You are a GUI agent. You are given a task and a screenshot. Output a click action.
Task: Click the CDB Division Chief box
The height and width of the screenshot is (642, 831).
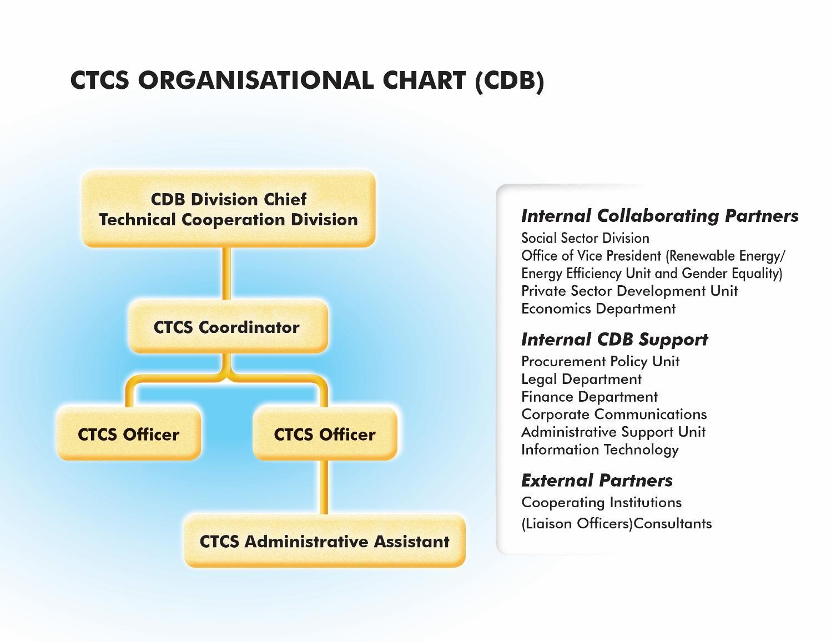228,209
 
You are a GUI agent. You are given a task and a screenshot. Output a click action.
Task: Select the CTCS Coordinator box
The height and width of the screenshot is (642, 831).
228,326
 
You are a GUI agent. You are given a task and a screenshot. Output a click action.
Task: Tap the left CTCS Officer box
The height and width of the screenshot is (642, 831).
129,433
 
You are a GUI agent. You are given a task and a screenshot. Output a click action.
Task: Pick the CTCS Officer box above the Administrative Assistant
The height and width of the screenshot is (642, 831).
325,433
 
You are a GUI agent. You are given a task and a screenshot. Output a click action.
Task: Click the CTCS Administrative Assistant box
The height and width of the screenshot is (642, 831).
325,540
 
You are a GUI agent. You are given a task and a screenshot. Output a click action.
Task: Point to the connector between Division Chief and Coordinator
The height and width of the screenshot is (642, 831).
226,273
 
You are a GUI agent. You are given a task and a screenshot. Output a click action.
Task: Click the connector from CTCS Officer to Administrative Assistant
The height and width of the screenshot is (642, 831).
324,487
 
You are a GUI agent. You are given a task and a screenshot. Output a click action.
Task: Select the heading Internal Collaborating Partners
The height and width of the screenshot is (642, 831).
659,216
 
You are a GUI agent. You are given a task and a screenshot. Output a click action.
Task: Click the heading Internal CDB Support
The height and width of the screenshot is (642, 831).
615,340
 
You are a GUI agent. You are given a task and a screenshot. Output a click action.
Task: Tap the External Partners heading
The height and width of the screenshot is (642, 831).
597,481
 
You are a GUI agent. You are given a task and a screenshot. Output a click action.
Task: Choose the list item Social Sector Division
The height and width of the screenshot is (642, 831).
585,238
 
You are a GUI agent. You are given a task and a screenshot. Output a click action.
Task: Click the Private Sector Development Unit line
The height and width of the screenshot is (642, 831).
629,291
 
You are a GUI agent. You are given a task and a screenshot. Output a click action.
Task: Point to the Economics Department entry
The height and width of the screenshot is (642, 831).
598,309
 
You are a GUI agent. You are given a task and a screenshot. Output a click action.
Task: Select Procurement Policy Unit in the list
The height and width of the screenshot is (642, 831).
601,362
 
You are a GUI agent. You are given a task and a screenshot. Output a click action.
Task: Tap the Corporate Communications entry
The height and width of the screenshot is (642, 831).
614,414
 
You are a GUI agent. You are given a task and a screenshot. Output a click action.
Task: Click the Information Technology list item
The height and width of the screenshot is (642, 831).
600,450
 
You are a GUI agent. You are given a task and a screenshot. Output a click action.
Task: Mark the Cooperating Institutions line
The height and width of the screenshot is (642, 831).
602,503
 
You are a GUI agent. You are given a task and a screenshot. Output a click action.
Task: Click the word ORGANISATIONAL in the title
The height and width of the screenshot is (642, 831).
256,80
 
